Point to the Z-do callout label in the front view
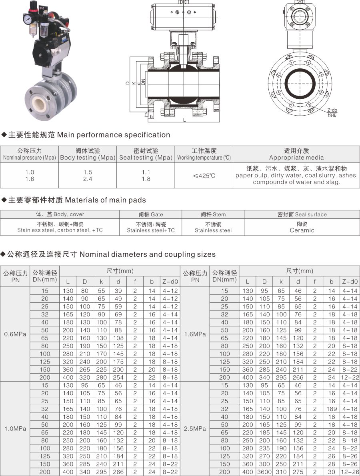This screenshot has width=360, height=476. (x=332, y=110)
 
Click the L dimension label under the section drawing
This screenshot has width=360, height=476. (x=184, y=120)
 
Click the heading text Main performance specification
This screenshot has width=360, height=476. (x=114, y=135)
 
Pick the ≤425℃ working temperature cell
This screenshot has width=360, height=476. (x=204, y=176)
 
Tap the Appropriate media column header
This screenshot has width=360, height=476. (x=296, y=158)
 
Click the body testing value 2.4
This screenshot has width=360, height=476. (x=88, y=179)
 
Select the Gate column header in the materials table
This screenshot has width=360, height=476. (x=151, y=214)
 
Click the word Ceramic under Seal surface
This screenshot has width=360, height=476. (x=302, y=230)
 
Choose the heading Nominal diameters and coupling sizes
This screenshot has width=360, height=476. (x=148, y=254)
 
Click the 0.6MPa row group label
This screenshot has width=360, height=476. (x=15, y=334)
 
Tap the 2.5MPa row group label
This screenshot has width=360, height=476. (x=195, y=428)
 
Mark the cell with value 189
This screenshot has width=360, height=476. (x=332, y=409)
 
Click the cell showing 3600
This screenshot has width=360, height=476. (x=264, y=472)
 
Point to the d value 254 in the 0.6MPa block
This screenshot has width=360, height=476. (x=118, y=377)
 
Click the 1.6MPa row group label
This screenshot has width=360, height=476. (x=195, y=334)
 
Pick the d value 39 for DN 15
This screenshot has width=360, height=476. (x=118, y=291)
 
